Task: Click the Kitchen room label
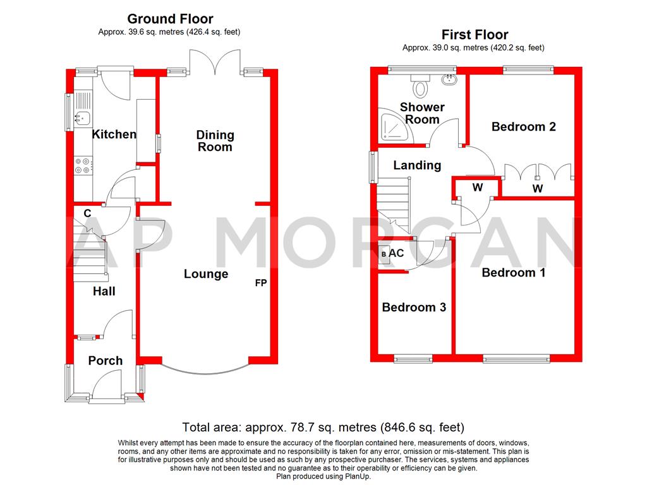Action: coord(114,135)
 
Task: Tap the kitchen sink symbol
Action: coord(82,116)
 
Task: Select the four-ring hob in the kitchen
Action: coord(83,165)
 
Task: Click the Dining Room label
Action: coord(215,141)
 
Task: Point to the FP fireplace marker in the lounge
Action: coord(260,284)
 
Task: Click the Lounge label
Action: coord(206,274)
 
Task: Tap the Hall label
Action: coord(104,291)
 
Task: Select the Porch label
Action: coord(105,361)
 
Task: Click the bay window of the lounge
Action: coord(205,370)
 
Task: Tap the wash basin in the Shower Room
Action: coord(451,80)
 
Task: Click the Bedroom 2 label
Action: coord(523,127)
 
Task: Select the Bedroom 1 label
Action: coord(513,273)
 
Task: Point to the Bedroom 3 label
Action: coord(414,308)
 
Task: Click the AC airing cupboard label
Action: coord(396,253)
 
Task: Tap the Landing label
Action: coord(417,165)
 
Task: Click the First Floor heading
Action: coord(475,35)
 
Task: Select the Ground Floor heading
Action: coord(170,19)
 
